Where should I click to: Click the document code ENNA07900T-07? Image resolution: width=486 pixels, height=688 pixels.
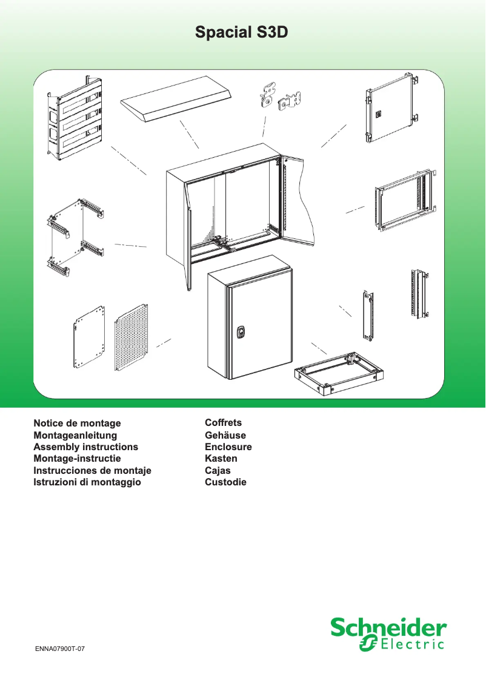pyautogui.click(x=59, y=649)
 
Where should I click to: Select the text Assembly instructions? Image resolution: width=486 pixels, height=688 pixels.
pyautogui.click(x=85, y=447)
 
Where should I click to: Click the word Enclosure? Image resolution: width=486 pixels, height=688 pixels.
pyautogui.click(x=228, y=447)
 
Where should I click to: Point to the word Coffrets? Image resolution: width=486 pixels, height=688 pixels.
pyautogui.click(x=223, y=423)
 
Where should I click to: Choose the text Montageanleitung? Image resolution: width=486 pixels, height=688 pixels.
pyautogui.click(x=75, y=435)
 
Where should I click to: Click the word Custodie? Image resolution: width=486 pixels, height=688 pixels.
pyautogui.click(x=225, y=482)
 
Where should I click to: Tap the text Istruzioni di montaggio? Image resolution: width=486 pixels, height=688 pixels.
pyautogui.click(x=87, y=482)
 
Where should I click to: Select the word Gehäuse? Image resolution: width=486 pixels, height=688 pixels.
pyautogui.click(x=225, y=435)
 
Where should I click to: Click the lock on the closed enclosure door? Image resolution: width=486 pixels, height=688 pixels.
pyautogui.click(x=240, y=332)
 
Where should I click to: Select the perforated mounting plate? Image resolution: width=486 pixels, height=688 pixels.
pyautogui.click(x=130, y=337)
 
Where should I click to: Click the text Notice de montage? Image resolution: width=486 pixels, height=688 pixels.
pyautogui.click(x=77, y=423)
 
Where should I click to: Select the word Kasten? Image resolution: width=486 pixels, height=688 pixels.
pyautogui.click(x=221, y=459)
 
